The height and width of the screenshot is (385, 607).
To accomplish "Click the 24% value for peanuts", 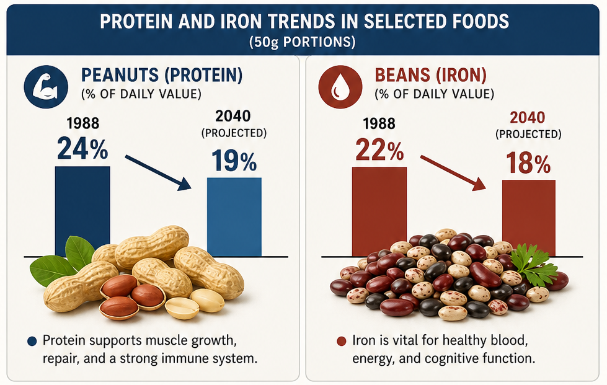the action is (x=82, y=149).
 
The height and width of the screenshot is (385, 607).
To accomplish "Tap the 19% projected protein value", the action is (x=234, y=161).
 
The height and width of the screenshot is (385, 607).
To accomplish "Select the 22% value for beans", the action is (x=379, y=150).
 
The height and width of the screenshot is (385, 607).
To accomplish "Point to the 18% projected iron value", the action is (x=528, y=162).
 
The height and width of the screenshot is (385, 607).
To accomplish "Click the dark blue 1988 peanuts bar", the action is (x=82, y=211).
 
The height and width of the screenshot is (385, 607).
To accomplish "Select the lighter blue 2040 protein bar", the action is (x=234, y=217).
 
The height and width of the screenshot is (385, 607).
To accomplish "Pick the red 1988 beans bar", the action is (x=379, y=211).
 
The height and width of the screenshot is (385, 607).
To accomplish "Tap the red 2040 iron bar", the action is (x=529, y=218).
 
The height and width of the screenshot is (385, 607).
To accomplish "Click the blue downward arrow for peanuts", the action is (x=158, y=172).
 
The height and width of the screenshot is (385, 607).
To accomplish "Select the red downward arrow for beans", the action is (x=453, y=172).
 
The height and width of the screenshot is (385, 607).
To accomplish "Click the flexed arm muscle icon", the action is (x=46, y=87).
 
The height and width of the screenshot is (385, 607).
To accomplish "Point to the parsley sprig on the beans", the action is (x=534, y=264).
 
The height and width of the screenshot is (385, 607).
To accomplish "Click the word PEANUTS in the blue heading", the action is (x=120, y=75).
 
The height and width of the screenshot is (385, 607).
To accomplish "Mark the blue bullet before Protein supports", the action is (x=32, y=341).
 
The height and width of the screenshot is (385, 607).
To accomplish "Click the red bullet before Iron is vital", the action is (x=341, y=341).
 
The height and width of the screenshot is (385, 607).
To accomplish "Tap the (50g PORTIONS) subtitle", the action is (x=303, y=42).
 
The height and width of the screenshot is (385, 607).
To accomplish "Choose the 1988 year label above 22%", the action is (x=379, y=124).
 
